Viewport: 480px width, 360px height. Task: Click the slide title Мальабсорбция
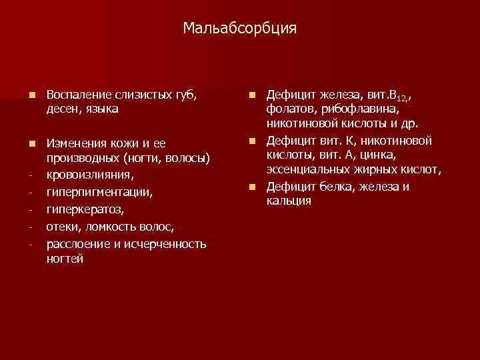[x=240, y=29]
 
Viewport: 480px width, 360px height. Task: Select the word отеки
[x=62, y=227]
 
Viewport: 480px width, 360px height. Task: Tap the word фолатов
[x=289, y=109]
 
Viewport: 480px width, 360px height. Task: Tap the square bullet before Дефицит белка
[x=253, y=186]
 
